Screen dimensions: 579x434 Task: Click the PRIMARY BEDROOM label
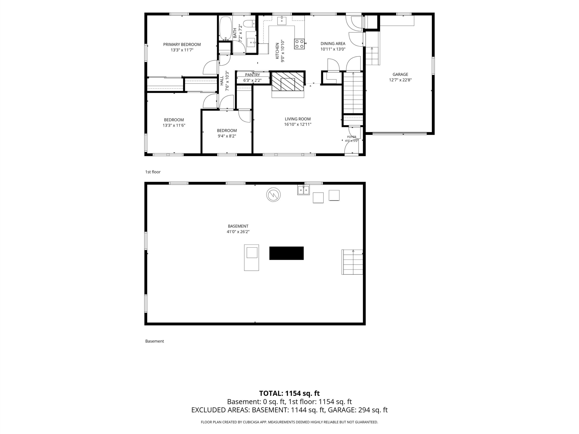tap(182, 45)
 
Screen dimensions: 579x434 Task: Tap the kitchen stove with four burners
tap(299, 44)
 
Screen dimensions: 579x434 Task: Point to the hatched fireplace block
tap(287, 81)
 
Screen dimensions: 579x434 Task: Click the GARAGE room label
tap(400, 74)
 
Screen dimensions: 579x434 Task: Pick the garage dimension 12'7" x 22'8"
tap(400, 80)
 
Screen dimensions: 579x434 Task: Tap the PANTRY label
tap(252, 75)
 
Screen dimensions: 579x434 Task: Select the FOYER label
tap(351, 137)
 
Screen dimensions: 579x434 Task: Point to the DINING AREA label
tap(333, 44)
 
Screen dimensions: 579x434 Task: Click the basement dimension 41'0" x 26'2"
tap(238, 232)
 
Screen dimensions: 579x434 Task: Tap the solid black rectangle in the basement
tap(286, 253)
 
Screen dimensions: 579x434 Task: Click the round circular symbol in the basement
tap(273, 195)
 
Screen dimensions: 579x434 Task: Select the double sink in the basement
tap(303, 190)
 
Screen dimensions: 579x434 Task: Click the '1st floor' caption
tap(153, 172)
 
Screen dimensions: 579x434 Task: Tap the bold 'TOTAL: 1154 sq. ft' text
tap(289, 394)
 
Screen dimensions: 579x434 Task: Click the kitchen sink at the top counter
tap(282, 20)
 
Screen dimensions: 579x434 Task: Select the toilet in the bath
tap(249, 24)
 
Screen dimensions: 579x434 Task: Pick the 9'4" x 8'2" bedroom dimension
tap(227, 136)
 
